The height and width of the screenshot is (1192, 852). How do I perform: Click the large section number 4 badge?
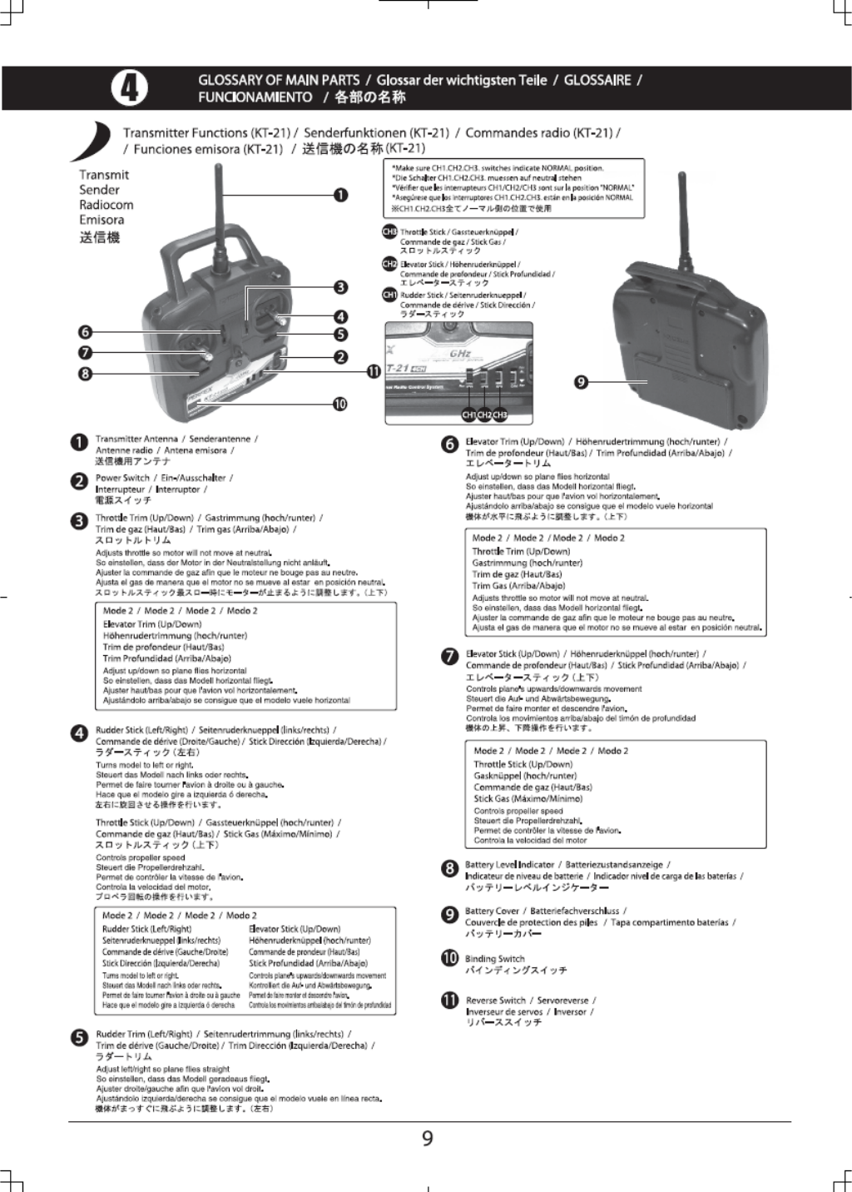[130, 88]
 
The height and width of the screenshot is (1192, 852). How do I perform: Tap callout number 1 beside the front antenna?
[340, 195]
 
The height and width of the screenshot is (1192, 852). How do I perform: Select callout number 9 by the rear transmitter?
[582, 382]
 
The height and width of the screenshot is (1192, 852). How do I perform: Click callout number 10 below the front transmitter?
[339, 405]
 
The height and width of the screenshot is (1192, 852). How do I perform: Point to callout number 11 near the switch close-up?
[374, 371]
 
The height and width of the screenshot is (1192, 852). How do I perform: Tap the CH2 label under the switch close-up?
[484, 415]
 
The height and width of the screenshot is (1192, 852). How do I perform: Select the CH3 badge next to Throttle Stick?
[389, 232]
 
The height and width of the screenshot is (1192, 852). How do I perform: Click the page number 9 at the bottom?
[427, 1138]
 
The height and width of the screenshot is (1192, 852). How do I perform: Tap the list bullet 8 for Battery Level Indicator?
[449, 869]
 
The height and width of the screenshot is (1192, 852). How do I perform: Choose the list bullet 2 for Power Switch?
[79, 482]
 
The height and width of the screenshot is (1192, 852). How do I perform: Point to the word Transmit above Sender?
[104, 175]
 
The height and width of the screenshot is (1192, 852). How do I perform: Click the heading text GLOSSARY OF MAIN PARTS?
[279, 80]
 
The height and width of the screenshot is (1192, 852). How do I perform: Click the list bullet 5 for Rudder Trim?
[79, 1038]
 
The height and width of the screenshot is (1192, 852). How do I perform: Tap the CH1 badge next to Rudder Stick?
[389, 295]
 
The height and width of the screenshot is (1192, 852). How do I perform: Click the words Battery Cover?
[492, 911]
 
